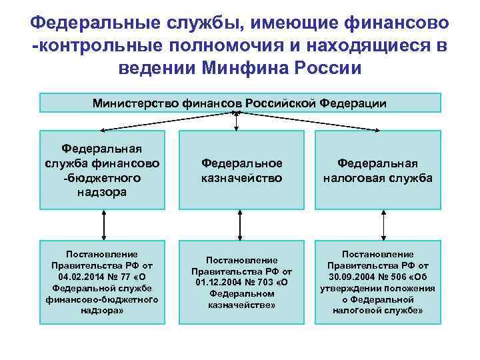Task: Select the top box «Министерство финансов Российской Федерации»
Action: pyautogui.click(x=240, y=103)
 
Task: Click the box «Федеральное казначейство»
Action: pyautogui.click(x=242, y=170)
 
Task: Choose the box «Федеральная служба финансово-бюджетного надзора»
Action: pyautogui.click(x=103, y=170)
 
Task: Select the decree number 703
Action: pyautogui.click(x=266, y=282)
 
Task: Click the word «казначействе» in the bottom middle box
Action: pyautogui.click(x=242, y=305)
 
